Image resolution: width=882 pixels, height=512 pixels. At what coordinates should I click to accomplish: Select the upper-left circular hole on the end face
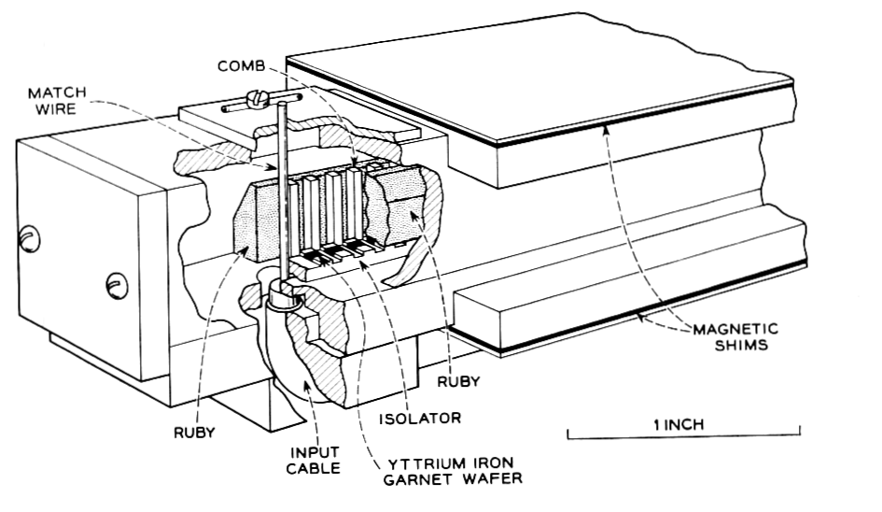click(x=31, y=240)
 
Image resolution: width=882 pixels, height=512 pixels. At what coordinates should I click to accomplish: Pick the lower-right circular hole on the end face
click(x=116, y=281)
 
